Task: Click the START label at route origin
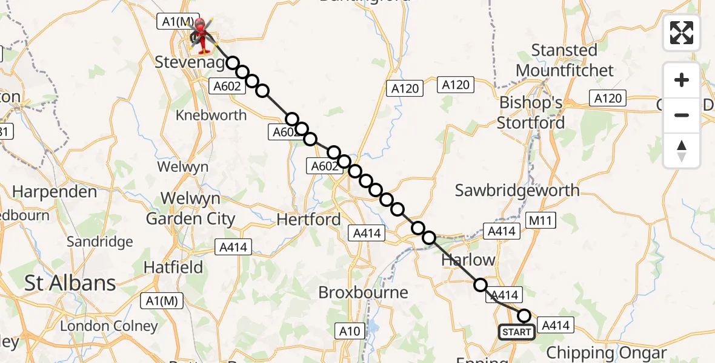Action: [517, 332]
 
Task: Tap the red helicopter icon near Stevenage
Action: [201, 36]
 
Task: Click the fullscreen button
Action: [682, 33]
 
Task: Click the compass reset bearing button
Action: [682, 151]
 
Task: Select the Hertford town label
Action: [308, 219]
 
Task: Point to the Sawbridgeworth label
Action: [517, 191]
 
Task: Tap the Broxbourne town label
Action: [364, 292]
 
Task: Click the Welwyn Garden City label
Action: [190, 208]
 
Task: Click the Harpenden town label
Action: [55, 192]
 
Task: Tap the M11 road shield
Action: [540, 220]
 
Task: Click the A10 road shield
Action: [349, 331]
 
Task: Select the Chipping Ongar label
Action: [607, 352]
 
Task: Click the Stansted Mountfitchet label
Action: [564, 60]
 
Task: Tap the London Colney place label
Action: [108, 326]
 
